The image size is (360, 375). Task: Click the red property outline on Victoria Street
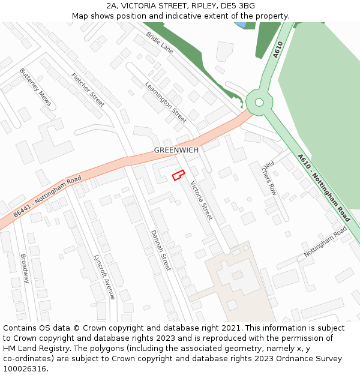(x=177, y=176)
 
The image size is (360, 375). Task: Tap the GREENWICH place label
(x=176, y=150)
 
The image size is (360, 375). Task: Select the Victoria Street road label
(x=202, y=200)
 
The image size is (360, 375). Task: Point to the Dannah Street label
(x=161, y=250)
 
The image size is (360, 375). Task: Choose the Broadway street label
(x=25, y=268)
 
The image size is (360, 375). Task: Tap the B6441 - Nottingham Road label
(x=47, y=197)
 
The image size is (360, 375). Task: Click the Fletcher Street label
(x=88, y=90)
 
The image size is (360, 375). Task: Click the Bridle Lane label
(x=160, y=43)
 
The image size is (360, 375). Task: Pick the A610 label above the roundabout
(x=278, y=49)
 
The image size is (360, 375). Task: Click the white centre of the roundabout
(x=259, y=102)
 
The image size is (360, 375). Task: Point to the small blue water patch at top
(x=239, y=25)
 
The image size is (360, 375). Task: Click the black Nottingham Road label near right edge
(x=325, y=242)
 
